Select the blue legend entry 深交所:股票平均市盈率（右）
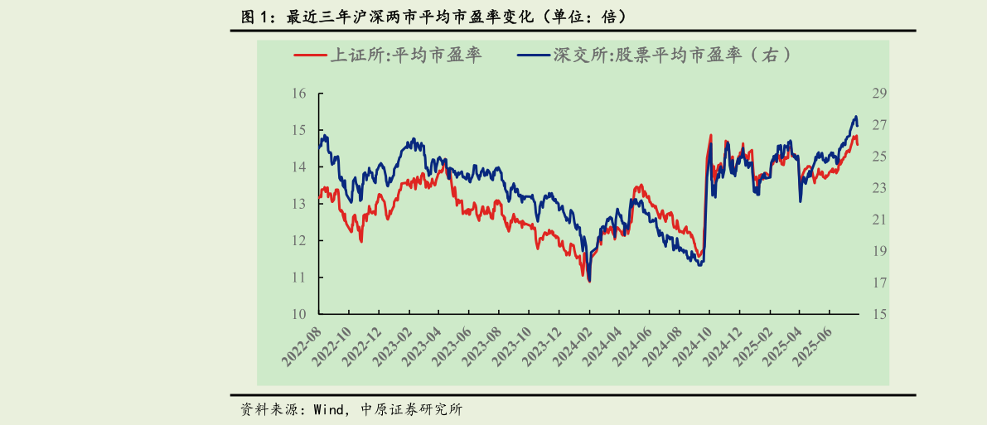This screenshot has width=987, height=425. coord(651,56)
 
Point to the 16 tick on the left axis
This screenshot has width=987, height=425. coord(299,94)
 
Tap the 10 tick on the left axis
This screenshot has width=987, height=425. coord(299,314)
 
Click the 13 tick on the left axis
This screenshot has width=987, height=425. coord(299,204)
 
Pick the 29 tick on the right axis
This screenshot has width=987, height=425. coord(879,94)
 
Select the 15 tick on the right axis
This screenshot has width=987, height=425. coord(879,314)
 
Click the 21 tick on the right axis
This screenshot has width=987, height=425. coord(879,220)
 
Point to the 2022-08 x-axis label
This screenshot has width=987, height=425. coord(302,347)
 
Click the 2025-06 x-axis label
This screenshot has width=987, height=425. coord(812,347)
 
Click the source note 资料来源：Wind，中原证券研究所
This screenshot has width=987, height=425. coord(351,409)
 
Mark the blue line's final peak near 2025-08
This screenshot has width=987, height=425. coord(855,117)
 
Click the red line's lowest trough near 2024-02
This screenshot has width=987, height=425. coord(589,282)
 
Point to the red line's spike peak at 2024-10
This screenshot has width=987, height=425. coord(710,135)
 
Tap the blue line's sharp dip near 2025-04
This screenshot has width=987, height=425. coord(800,201)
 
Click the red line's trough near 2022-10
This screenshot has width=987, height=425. coord(361,241)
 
